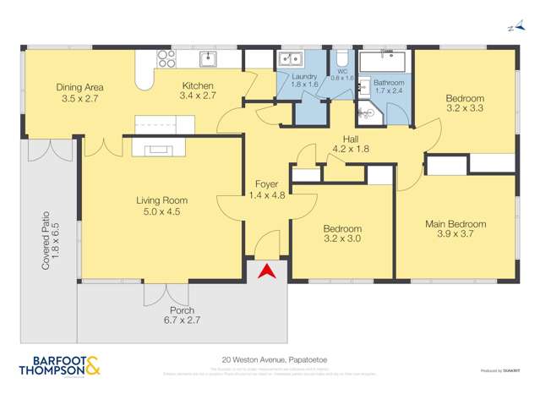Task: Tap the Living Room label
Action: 161,200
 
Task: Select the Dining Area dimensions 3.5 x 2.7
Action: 79,98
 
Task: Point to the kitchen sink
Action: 208,58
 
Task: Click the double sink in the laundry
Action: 292,59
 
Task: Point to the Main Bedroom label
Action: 455,224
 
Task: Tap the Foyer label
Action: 266,184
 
